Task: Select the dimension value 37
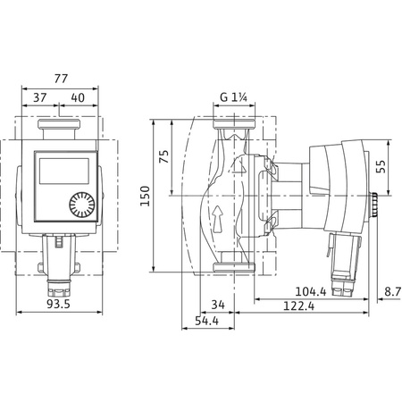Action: point(39,96)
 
